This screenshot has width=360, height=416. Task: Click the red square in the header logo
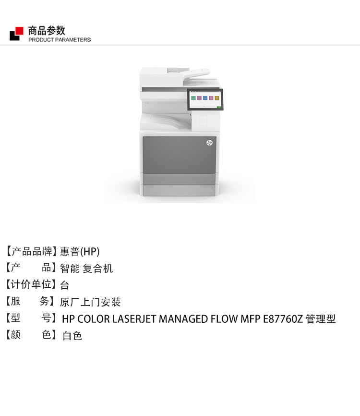pyautogui.click(x=19, y=31)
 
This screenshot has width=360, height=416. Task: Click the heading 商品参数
pyautogui.click(x=47, y=31)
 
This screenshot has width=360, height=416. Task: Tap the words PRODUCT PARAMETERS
pyautogui.click(x=60, y=40)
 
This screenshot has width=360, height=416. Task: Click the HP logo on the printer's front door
pyautogui.click(x=209, y=143)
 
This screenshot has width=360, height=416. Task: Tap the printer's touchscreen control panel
pyautogui.click(x=205, y=99)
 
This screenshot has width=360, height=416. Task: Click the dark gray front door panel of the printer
pyautogui.click(x=180, y=155)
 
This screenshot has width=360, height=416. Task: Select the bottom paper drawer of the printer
pyautogui.click(x=179, y=191)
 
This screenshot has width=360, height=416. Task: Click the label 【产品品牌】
pyautogui.click(x=31, y=251)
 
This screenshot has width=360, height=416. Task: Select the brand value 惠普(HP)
pyautogui.click(x=80, y=252)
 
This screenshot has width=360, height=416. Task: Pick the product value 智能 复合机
pyautogui.click(x=86, y=269)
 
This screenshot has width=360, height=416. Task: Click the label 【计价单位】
pyautogui.click(x=31, y=284)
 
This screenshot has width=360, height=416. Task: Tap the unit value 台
pyautogui.click(x=65, y=285)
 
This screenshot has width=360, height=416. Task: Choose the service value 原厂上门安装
pyautogui.click(x=90, y=302)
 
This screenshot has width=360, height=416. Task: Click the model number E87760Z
pyautogui.click(x=283, y=319)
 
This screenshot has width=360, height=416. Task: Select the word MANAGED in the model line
pyautogui.click(x=183, y=319)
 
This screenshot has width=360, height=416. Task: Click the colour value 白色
pyautogui.click(x=72, y=336)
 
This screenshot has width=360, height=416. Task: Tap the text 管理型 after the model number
pyautogui.click(x=321, y=319)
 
